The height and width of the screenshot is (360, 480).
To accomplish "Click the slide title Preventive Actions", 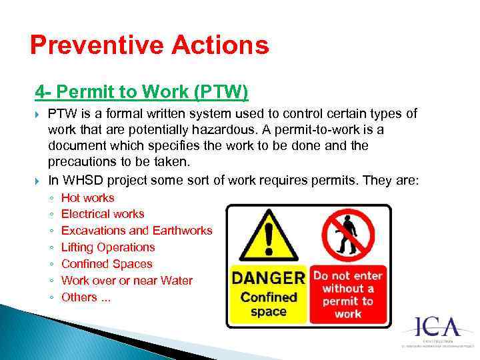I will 150,45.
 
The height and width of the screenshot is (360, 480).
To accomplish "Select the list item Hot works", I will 87,198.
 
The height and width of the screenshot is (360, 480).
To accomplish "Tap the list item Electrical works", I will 102,214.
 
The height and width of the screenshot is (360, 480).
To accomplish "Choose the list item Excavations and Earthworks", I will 136,231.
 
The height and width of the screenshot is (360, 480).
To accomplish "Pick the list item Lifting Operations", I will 107,247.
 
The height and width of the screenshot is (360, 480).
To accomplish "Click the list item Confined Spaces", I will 106,264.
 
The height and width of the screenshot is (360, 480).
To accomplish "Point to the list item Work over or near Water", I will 126,281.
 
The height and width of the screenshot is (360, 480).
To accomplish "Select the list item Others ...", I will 85,297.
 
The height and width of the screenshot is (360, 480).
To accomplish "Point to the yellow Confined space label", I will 268,304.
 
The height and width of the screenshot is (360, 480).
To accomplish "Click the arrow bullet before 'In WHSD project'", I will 38,181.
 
